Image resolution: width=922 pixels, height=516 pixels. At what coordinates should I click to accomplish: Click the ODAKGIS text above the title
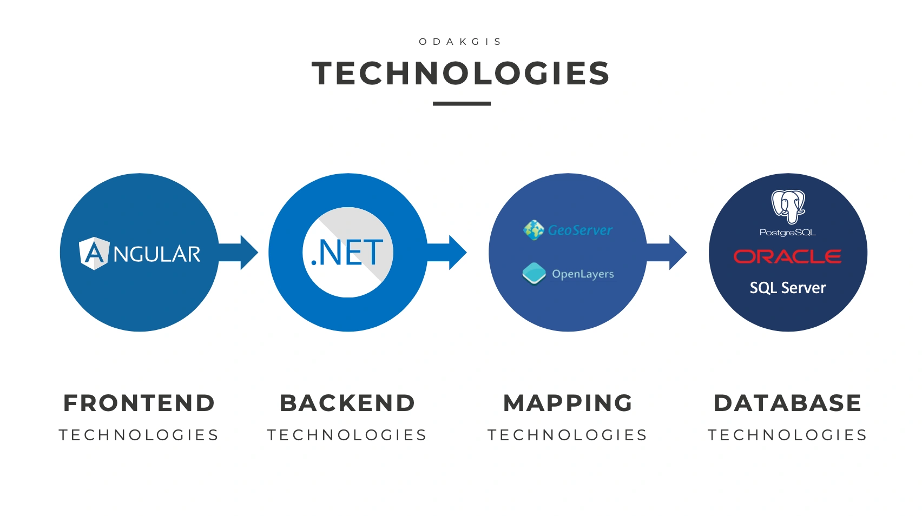[x=460, y=42]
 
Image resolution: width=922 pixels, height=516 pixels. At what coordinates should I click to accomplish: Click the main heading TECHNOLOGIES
[x=461, y=74]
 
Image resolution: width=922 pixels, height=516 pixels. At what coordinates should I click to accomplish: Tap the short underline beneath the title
[x=462, y=103]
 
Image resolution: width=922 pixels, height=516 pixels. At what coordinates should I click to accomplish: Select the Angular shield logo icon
[x=94, y=253]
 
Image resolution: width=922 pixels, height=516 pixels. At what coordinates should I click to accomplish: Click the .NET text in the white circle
[x=347, y=253]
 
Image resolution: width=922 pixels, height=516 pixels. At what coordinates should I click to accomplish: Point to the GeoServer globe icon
[x=534, y=230]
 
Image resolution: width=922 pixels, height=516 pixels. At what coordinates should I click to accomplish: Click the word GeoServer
[x=580, y=230]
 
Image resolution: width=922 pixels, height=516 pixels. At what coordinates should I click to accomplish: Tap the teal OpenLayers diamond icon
[x=534, y=273]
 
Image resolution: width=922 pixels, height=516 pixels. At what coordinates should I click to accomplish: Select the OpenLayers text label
[x=583, y=274]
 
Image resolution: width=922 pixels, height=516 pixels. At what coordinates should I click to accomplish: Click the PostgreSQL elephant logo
[x=788, y=206]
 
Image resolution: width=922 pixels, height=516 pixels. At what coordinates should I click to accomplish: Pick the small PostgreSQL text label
[x=788, y=233]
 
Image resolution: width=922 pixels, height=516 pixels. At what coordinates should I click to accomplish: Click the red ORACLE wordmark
[x=787, y=256]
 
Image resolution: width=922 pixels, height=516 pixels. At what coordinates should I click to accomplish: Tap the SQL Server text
[x=788, y=288]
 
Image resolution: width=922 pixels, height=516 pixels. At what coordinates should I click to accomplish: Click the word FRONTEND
[x=139, y=403]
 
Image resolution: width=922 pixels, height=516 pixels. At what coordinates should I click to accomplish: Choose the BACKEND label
[x=347, y=403]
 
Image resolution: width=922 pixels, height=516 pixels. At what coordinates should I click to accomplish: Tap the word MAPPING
[x=568, y=403]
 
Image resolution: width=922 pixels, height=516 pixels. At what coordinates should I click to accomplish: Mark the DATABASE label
[x=787, y=403]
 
